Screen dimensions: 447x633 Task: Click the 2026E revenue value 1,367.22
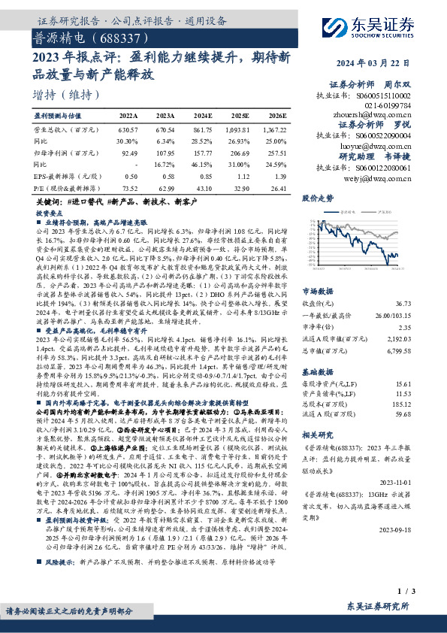click(273, 129)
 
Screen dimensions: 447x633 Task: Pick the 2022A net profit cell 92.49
click(129, 153)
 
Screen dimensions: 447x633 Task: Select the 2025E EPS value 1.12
click(241, 176)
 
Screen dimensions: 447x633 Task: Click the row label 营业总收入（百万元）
click(65, 129)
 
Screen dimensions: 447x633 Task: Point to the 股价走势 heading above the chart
click(317, 198)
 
